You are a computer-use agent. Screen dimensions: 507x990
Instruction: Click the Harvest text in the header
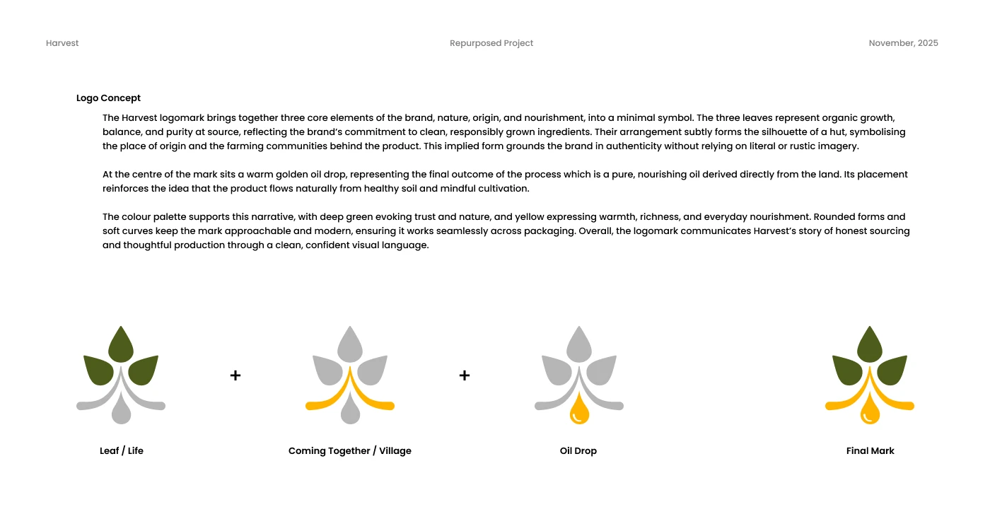62,43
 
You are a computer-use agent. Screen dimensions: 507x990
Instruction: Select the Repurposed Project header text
491,43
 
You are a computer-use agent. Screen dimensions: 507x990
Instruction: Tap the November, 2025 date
903,43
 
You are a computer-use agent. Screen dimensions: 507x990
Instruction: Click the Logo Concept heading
108,98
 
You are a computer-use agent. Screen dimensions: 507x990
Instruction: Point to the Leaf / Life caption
122,450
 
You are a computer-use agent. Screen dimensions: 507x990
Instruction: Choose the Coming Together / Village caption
349,450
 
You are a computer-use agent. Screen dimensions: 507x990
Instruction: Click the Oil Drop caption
578,450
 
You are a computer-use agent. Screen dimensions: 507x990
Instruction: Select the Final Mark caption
870,450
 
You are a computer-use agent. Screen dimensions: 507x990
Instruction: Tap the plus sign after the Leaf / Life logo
235,375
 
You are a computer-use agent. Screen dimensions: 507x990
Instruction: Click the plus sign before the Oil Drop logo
465,375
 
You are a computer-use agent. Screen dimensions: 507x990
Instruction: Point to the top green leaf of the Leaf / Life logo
121,345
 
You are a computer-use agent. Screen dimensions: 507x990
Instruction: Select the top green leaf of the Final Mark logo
870,345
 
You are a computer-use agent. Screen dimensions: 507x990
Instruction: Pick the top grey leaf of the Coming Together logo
350,345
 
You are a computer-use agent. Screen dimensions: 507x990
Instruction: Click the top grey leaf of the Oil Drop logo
579,345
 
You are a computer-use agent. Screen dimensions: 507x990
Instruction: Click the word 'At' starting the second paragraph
108,175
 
